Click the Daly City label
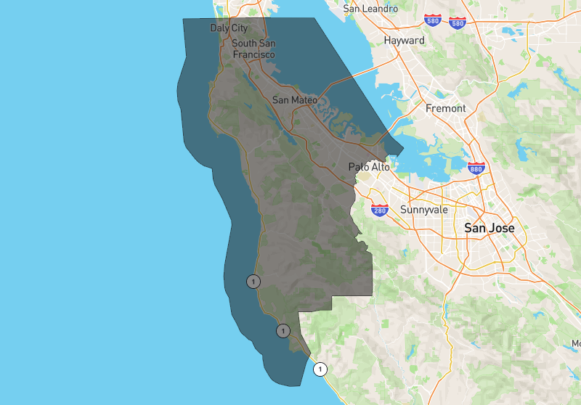229,28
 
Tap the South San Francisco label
253,49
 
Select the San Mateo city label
294,99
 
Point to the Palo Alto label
369,167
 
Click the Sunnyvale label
424,210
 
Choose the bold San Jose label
489,228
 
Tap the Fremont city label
446,108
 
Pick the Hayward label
404,41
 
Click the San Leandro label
370,9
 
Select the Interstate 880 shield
476,168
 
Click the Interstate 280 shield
379,210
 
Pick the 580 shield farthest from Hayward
458,22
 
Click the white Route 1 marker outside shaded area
320,369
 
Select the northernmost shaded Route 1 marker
253,281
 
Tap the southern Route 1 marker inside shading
283,331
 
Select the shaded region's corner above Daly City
183,19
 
